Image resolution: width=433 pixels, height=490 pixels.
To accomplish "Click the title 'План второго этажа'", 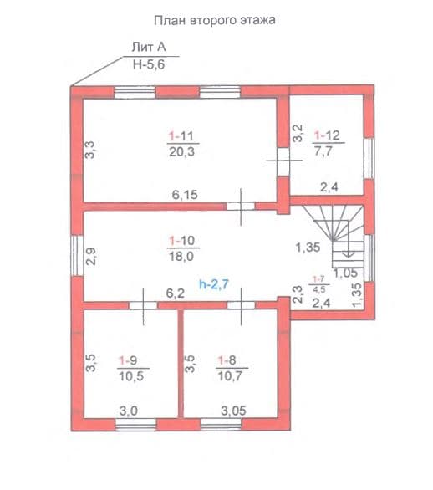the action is coord(215,21).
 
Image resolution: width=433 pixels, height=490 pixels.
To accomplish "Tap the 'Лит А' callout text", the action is coord(149,47).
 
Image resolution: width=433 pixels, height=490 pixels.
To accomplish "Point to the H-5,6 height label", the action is coord(149,64).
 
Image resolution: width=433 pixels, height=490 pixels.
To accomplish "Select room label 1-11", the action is coord(181,136).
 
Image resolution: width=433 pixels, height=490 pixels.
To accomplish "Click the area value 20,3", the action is coord(182,152).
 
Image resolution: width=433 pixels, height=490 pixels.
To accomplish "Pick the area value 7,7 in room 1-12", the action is coord(323,151).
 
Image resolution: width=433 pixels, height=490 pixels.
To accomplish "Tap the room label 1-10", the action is coord(182,241).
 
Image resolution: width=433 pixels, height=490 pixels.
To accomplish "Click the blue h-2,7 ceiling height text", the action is coord(214,284).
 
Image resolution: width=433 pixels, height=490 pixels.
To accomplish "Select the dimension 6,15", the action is coord(185,195).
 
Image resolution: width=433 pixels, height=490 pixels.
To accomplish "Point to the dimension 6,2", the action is coord(176,293).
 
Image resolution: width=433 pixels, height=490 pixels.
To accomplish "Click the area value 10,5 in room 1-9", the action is coord(131,376).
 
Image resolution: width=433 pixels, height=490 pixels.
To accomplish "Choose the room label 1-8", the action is coord(227,360).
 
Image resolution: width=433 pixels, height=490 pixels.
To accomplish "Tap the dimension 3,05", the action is coord(233,411).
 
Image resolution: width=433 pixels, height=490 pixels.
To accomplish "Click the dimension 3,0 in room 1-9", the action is coord(129,411).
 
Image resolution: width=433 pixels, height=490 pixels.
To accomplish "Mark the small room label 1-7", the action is coord(319,279).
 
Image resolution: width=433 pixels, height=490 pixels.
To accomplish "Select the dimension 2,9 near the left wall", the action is coord(91,256).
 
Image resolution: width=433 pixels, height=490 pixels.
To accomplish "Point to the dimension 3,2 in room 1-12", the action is coord(298,134).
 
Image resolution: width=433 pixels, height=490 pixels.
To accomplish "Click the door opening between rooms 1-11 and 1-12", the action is coord(283,161).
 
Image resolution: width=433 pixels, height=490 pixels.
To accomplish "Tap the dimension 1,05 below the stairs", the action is coord(345,273).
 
